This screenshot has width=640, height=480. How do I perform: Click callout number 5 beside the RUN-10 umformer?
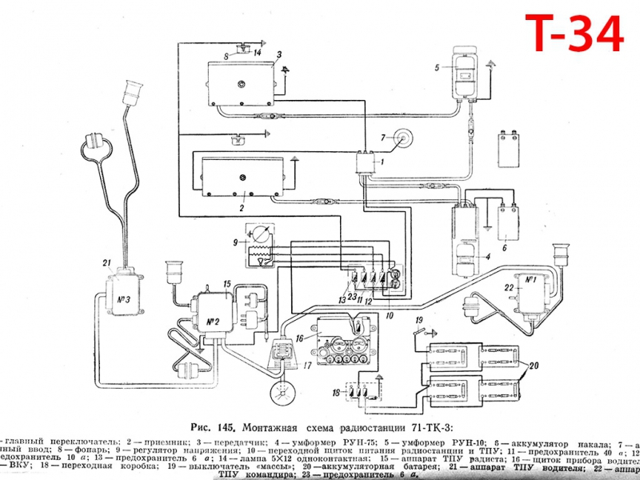tap(438, 68)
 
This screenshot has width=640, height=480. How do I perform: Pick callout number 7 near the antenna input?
tap(382, 136)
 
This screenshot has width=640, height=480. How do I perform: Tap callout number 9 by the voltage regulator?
tap(235, 242)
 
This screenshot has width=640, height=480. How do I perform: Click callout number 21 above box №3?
tap(106, 262)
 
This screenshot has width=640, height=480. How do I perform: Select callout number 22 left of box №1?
tap(508, 287)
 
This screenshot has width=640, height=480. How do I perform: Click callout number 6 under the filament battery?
tap(505, 248)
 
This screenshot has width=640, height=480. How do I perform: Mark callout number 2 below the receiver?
tap(240, 206)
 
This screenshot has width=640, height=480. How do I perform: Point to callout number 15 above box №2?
tap(227, 284)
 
